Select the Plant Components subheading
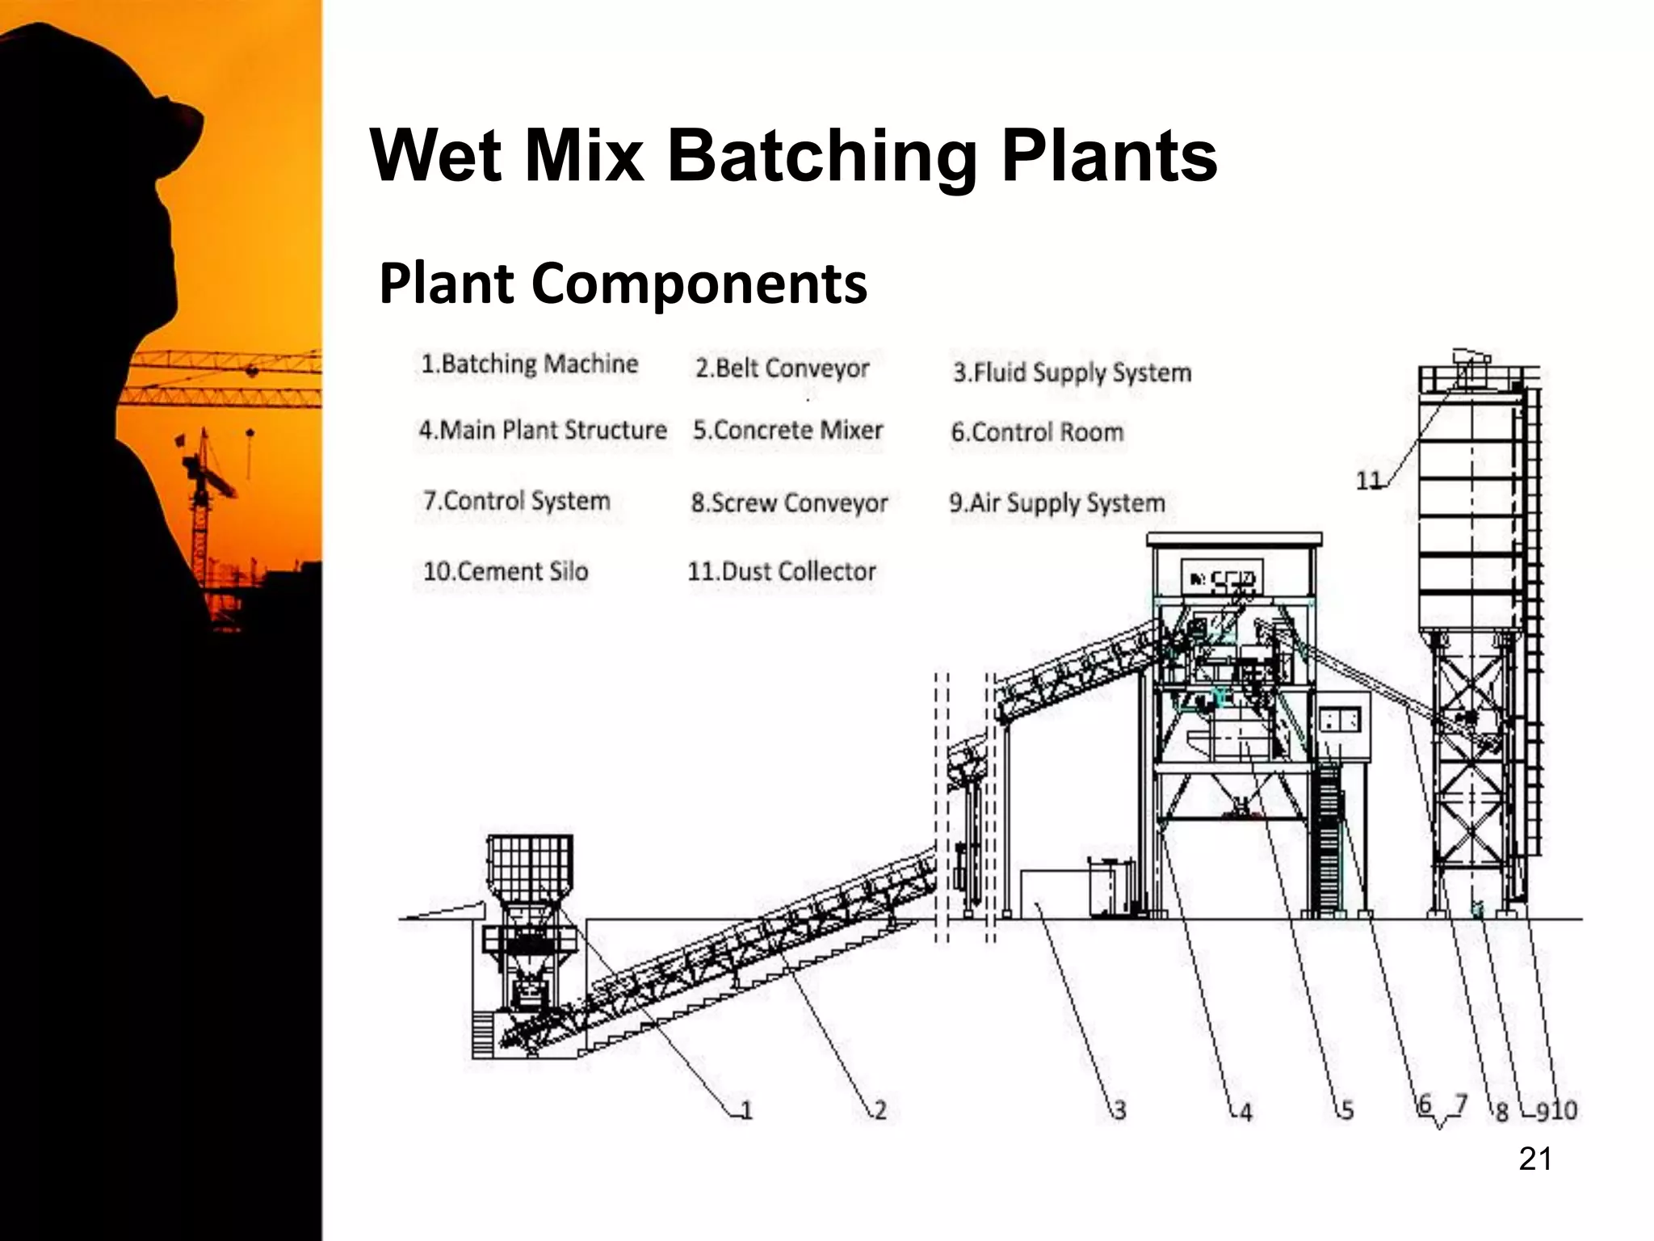tap(623, 284)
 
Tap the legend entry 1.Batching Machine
tap(530, 364)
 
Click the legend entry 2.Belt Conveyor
tap(782, 368)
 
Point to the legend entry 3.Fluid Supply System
tap(1072, 372)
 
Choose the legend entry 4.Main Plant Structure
tap(543, 430)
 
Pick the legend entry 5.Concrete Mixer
tap(787, 430)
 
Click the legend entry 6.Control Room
tap(1037, 432)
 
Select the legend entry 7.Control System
tap(516, 501)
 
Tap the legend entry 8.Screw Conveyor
tap(789, 503)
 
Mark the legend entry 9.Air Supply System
tap(1056, 503)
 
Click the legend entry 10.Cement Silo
tap(506, 571)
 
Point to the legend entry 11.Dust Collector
tap(781, 571)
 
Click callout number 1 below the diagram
tap(746, 1110)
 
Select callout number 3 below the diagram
tap(1119, 1110)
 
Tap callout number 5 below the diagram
tap(1346, 1110)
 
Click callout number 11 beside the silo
tap(1368, 481)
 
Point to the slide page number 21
tap(1534, 1159)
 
